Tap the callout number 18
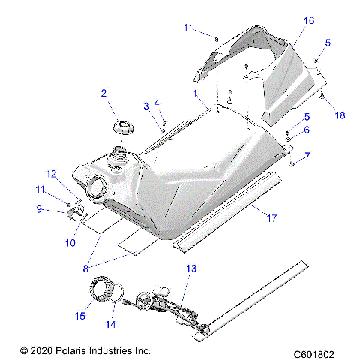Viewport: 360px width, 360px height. click(x=341, y=116)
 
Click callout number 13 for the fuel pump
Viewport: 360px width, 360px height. click(x=190, y=268)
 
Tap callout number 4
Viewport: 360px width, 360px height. click(x=157, y=102)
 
